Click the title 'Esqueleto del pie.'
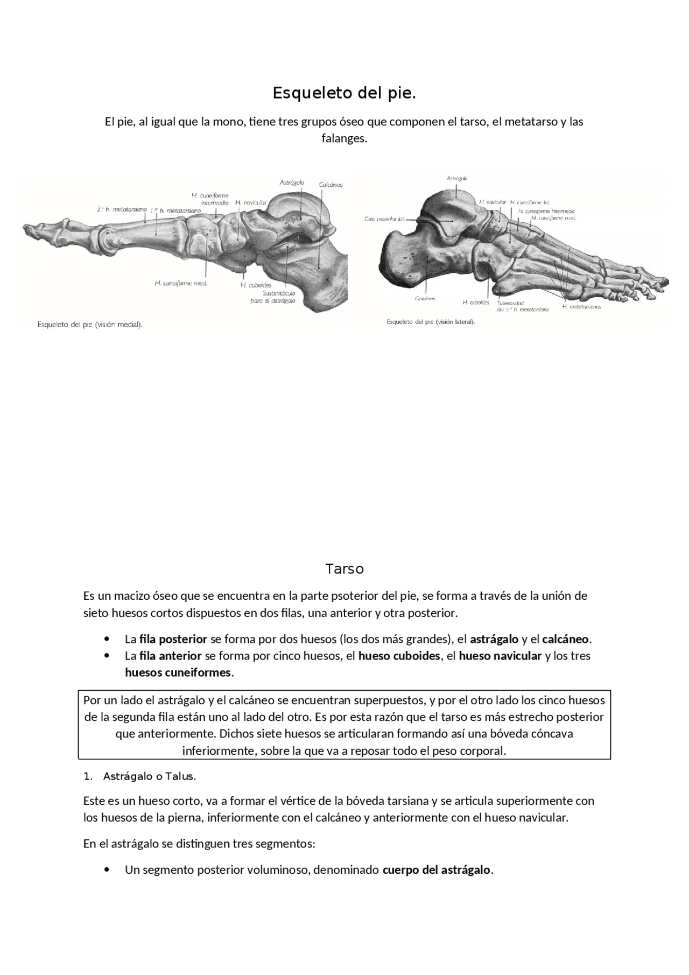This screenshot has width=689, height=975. coord(344,93)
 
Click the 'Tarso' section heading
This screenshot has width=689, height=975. coord(344,569)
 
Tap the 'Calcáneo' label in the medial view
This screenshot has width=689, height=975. coord(331,185)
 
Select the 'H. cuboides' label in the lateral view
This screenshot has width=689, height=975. coord(476,303)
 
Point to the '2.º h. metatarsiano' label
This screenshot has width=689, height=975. coord(122,209)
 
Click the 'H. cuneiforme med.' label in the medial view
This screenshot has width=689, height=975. coord(181,283)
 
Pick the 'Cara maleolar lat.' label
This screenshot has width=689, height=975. coord(384,219)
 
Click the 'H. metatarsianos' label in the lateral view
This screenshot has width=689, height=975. coord(581,307)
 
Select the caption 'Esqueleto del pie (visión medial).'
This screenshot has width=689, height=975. coord(90,324)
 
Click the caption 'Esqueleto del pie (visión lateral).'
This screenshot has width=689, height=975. coord(431,322)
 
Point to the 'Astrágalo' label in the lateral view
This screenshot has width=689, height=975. coord(457,178)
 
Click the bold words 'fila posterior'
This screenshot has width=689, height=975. coord(173,639)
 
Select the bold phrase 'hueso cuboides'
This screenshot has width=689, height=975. coord(399,656)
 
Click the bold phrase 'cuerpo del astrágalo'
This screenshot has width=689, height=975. coord(437,869)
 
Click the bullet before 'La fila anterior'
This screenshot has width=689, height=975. coord(108,656)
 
